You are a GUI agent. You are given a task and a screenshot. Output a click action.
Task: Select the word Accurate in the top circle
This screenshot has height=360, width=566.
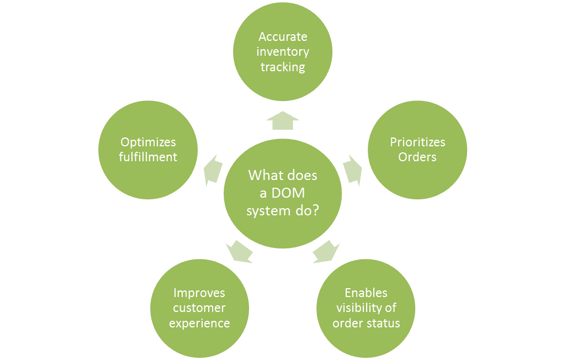pyautogui.click(x=283, y=37)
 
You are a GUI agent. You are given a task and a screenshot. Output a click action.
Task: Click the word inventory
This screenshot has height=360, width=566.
pyautogui.click(x=283, y=52)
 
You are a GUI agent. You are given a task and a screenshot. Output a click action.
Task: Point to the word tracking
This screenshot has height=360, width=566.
pyautogui.click(x=283, y=67)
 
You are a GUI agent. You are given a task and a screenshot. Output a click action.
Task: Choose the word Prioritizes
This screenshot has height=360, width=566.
pyautogui.click(x=417, y=142)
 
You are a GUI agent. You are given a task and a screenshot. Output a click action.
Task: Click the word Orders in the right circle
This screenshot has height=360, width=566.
pyautogui.click(x=417, y=157)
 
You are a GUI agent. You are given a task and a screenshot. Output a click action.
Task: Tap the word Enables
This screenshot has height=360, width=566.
pyautogui.click(x=366, y=293)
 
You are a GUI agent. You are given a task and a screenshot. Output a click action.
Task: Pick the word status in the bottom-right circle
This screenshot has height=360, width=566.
pyautogui.click(x=385, y=323)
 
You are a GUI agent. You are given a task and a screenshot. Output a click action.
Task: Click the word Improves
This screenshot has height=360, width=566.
pyautogui.click(x=199, y=293)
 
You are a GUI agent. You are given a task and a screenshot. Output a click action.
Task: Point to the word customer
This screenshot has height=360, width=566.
pyautogui.click(x=199, y=308)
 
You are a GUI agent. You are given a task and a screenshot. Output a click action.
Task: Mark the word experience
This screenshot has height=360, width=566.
pyautogui.click(x=199, y=323)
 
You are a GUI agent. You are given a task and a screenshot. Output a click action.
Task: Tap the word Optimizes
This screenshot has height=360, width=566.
pyautogui.click(x=148, y=142)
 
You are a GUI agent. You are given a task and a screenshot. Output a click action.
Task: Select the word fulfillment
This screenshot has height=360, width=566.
pyautogui.click(x=148, y=157)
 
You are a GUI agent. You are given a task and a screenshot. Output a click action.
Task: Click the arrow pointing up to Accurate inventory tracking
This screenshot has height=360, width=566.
pyautogui.click(x=283, y=120)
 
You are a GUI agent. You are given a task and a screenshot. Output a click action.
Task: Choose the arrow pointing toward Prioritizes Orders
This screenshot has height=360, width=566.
pyautogui.click(x=352, y=171)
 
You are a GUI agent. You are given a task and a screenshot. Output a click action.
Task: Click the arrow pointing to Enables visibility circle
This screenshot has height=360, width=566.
pyautogui.click(x=326, y=252)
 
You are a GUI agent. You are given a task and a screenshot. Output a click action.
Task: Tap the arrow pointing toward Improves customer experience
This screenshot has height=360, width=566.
pyautogui.click(x=240, y=252)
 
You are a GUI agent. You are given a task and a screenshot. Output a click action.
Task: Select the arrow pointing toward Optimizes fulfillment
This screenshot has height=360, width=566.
pyautogui.click(x=213, y=171)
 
